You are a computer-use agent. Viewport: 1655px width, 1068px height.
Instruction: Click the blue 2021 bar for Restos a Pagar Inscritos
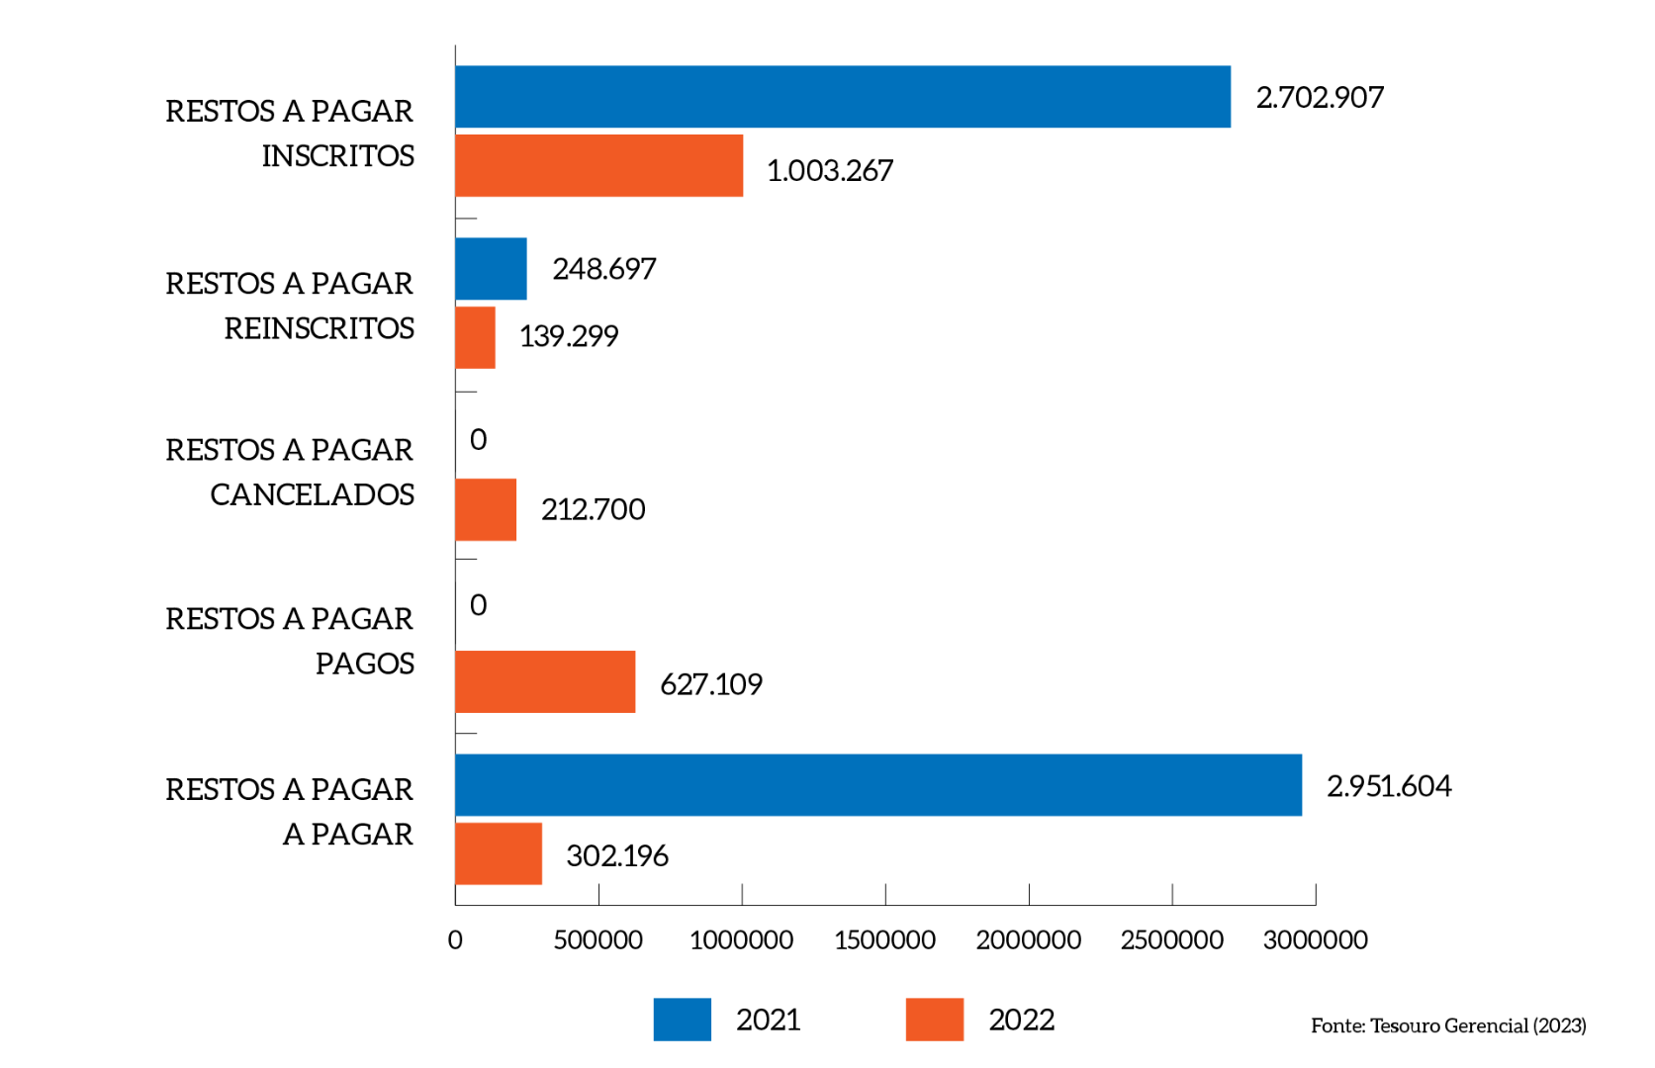pos(843,97)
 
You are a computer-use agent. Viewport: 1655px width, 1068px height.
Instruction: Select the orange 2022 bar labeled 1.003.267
pos(598,166)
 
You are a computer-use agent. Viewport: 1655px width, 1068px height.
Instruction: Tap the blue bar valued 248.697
pos(491,269)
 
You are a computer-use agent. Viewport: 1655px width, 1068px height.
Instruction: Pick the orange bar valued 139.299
pos(475,337)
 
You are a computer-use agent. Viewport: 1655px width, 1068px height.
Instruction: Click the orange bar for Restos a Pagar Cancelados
pos(486,510)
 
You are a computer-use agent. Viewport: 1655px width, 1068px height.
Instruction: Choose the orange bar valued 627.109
pos(545,681)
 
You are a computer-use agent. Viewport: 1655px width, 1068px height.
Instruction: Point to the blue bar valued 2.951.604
pos(878,785)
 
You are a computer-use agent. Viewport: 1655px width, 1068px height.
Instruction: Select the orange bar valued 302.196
pos(499,853)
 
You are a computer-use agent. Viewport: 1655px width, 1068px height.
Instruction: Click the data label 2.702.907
pos(1320,98)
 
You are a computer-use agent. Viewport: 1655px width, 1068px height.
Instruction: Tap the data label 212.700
pos(593,509)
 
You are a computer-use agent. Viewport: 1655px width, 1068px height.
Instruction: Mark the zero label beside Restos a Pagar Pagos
pos(479,605)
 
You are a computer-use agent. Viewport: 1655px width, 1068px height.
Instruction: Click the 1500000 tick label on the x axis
pos(884,939)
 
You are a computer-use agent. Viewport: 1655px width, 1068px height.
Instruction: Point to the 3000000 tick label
pos(1315,939)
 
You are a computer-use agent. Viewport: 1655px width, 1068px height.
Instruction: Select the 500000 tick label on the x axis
pos(598,939)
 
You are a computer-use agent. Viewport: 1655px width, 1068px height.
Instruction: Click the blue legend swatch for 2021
pos(682,1020)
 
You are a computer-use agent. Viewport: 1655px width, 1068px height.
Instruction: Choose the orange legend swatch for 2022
pos(934,1020)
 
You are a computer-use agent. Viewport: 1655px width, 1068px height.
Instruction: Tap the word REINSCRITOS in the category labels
pos(319,328)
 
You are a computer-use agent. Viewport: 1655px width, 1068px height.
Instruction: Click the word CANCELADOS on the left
pos(312,494)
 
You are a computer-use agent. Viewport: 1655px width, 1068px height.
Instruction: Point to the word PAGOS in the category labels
pos(364,664)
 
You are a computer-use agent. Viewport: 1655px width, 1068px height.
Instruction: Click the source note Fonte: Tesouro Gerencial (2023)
pos(1448,1025)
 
